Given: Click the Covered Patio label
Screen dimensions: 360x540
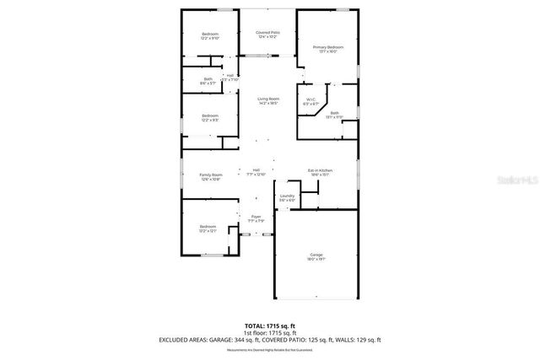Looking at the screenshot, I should pyautogui.click(x=268, y=35).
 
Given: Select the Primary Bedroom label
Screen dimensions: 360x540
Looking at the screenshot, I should pyautogui.click(x=328, y=49).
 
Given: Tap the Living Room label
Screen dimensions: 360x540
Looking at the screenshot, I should pyautogui.click(x=268, y=101).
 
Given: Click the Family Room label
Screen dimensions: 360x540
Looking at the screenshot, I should pyautogui.click(x=211, y=175).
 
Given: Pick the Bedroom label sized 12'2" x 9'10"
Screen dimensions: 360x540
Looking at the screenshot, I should pyautogui.click(x=209, y=35).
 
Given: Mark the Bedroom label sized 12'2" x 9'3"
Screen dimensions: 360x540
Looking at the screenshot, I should pyautogui.click(x=209, y=117).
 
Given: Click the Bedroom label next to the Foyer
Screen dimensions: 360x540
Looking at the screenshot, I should pyautogui.click(x=208, y=228).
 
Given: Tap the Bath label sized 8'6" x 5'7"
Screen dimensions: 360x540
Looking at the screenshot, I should pyautogui.click(x=208, y=81).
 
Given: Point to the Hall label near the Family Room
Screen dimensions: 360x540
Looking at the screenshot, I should pyautogui.click(x=256, y=171).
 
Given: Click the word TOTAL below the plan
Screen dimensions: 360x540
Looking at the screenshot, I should pyautogui.click(x=255, y=325).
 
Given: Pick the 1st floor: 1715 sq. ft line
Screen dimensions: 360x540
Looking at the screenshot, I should pyautogui.click(x=269, y=332).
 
